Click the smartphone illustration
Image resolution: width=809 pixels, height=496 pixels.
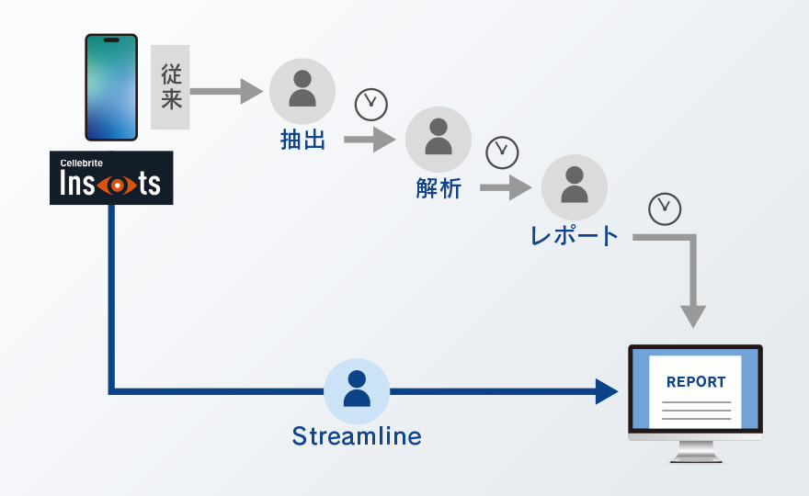(x=111, y=87)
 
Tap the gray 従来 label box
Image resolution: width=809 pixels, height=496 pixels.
(x=170, y=87)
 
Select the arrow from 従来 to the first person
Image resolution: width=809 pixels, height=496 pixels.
(x=226, y=91)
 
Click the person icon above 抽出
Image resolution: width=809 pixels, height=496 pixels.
(x=302, y=91)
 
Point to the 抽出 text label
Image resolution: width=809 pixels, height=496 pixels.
(x=302, y=140)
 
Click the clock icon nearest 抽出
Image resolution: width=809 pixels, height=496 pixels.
(x=371, y=105)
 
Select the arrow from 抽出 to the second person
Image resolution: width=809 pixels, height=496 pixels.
(x=370, y=140)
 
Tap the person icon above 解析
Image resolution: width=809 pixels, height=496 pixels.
(x=439, y=140)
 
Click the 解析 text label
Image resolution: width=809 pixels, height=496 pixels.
(x=439, y=188)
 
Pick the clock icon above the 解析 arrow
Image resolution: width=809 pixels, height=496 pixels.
(x=502, y=152)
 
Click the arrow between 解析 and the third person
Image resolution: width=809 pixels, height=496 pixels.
(x=506, y=187)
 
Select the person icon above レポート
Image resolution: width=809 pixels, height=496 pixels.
(x=575, y=187)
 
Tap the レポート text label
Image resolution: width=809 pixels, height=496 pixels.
(x=575, y=236)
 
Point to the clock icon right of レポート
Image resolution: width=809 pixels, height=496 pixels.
(x=665, y=209)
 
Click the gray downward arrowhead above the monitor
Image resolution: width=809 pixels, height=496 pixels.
(x=693, y=317)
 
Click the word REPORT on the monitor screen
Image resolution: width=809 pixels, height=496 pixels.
(x=696, y=382)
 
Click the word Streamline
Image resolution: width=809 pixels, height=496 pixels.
(x=357, y=436)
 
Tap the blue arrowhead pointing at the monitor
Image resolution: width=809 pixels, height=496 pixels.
(x=607, y=391)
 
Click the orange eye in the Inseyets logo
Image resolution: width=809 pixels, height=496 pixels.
(x=118, y=186)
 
